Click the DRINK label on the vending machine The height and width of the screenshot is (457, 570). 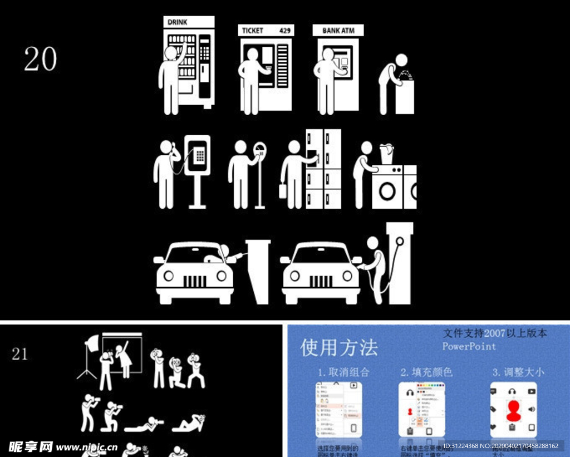tap(176, 22)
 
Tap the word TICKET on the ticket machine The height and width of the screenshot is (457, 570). tap(253, 31)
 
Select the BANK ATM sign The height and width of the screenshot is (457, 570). tap(337, 30)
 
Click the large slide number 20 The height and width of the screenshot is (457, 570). tap(40, 58)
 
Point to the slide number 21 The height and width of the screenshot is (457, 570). tap(19, 354)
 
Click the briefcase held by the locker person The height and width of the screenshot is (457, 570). tap(283, 191)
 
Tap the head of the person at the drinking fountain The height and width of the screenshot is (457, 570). tap(401, 61)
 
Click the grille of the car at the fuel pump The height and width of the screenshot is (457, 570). tap(320, 281)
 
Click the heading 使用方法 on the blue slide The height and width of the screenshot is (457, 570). tap(339, 348)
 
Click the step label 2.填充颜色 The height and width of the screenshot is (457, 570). tap(426, 372)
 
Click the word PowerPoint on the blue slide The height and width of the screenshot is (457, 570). tap(469, 346)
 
